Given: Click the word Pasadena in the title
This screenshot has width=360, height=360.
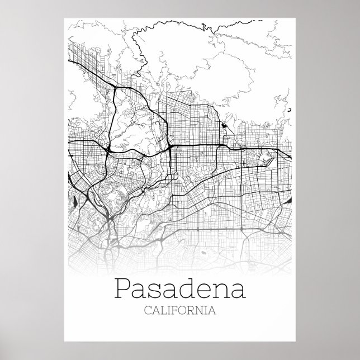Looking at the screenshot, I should [x=179, y=289].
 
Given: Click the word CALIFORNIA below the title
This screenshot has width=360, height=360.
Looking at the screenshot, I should [x=179, y=309].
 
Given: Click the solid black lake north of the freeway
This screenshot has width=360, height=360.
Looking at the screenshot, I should [x=224, y=126].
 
